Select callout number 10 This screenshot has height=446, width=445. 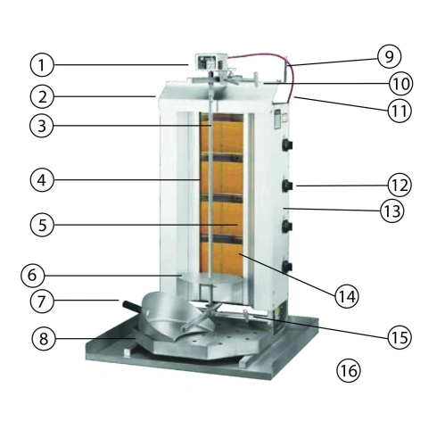click(399, 84)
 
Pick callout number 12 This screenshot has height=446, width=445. click(397, 186)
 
